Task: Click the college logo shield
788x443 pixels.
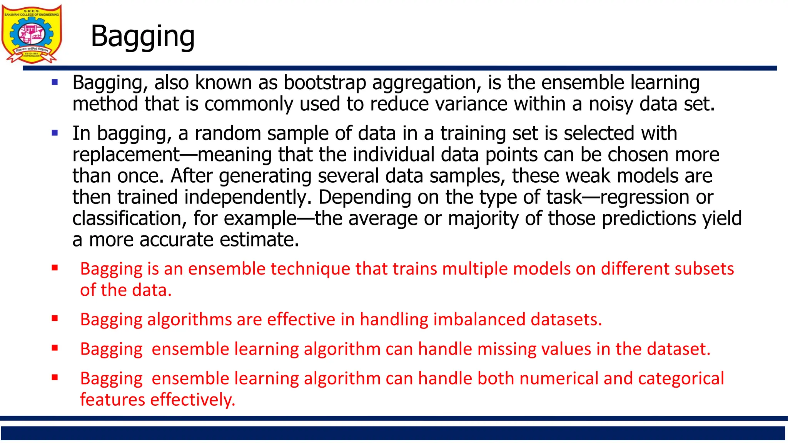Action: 32,34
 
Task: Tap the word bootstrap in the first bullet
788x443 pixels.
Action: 325,83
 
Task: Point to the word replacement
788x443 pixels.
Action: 126,155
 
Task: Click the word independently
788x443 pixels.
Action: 248,197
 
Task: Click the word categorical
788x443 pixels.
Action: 681,378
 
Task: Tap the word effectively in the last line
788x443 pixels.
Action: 192,400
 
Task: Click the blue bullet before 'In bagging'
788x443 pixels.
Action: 55,133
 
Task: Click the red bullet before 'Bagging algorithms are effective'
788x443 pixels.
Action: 55,318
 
